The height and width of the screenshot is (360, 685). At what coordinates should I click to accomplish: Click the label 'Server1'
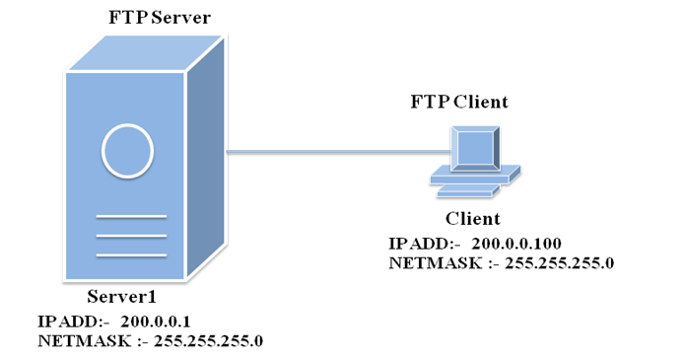[x=122, y=298]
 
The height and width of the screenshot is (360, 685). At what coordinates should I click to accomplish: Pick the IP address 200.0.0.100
[x=523, y=243]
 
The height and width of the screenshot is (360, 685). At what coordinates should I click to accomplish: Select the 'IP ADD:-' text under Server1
[x=69, y=322]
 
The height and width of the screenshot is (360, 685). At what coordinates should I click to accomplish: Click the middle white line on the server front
[x=131, y=236]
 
